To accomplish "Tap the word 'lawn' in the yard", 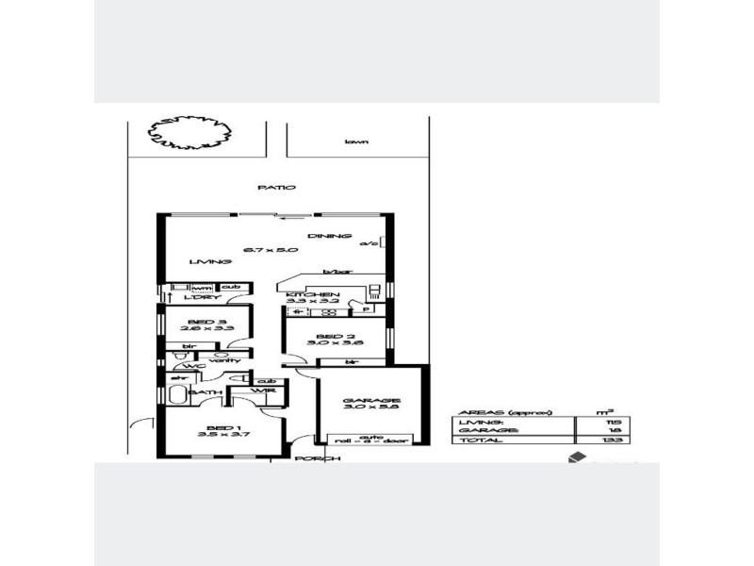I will (x=355, y=141).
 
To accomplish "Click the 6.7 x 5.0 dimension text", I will (x=270, y=250).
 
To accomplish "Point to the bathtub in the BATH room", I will (x=177, y=393).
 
